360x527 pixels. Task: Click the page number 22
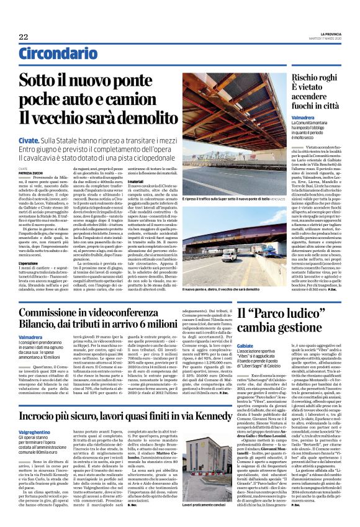24,37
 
